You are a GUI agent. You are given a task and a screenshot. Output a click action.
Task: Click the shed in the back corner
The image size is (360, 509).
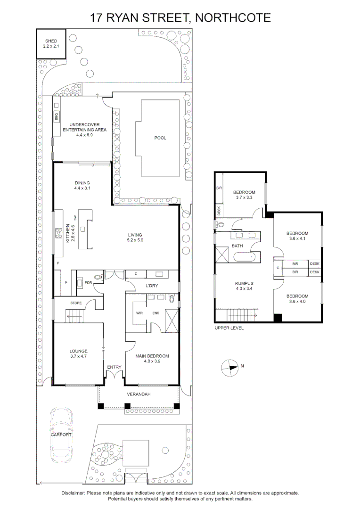point(51,44)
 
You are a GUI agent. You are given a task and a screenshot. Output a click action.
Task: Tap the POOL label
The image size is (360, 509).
point(160,138)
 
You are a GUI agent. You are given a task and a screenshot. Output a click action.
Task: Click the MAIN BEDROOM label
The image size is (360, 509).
point(152,356)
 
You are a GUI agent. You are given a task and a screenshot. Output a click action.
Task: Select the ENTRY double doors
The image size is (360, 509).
point(114,375)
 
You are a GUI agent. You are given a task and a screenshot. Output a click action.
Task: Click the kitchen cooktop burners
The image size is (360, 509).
point(59,233)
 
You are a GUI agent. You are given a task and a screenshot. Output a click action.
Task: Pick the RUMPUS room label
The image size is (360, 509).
point(244,284)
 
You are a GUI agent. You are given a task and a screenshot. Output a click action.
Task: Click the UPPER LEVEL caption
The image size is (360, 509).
point(229,328)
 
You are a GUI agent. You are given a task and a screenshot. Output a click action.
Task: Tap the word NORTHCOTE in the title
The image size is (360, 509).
point(233,18)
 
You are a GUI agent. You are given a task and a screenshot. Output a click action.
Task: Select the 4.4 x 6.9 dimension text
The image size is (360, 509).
point(85,135)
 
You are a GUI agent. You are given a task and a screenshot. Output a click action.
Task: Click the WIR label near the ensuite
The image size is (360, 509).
point(139,312)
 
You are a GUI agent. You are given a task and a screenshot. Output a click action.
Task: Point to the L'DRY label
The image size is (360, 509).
point(151,286)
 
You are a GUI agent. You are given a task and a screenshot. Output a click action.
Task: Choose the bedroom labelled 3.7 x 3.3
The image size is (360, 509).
point(244,195)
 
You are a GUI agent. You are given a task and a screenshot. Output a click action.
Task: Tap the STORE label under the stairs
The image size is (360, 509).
point(76,303)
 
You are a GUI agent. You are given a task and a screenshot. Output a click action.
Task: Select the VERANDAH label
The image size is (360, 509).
point(139,394)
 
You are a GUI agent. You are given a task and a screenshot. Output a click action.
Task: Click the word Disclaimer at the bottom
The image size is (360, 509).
point(73,493)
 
